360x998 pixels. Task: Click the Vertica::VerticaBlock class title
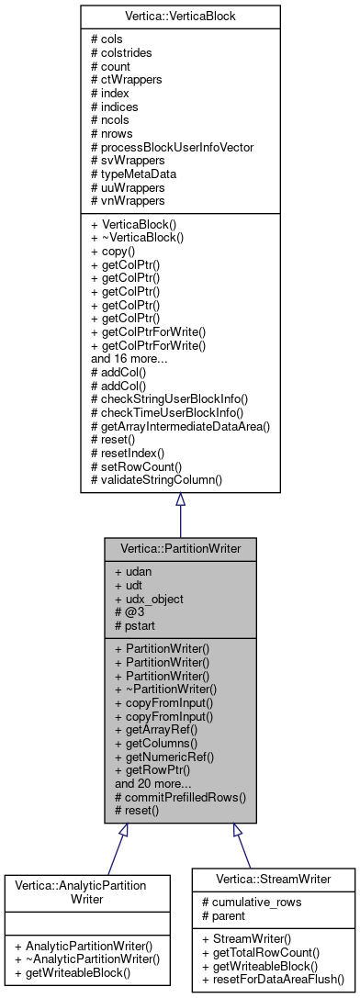tap(180, 17)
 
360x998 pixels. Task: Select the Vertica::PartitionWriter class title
tap(180, 547)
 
